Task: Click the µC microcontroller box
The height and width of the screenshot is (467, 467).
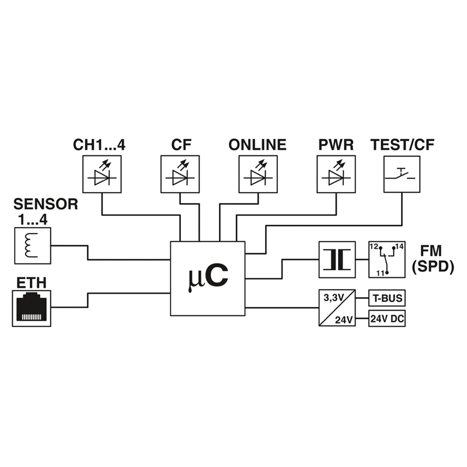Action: click(208, 278)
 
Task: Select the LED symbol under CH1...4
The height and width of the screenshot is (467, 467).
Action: click(102, 174)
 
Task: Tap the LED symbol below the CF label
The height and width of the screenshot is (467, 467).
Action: click(180, 174)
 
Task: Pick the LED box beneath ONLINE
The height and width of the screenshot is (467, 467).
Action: click(258, 174)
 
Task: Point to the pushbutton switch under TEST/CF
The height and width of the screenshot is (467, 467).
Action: click(402, 174)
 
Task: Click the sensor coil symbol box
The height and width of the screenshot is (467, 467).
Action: click(32, 245)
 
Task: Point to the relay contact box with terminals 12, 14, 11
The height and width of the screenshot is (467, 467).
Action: click(386, 259)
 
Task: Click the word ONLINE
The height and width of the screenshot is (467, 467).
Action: click(258, 144)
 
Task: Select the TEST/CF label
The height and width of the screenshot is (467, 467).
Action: click(403, 144)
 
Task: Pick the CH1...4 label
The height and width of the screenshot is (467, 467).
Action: click(99, 144)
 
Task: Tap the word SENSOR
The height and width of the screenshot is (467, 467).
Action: click(46, 204)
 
